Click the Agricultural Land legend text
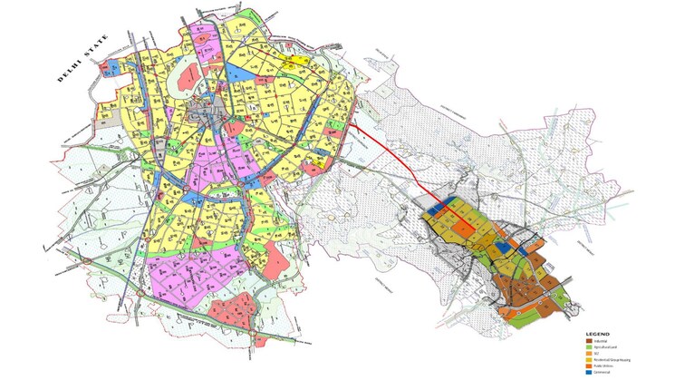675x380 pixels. (605, 346)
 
